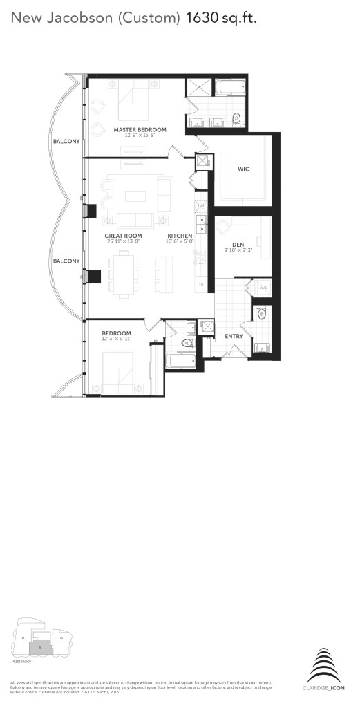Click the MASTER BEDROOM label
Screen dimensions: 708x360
[140, 129]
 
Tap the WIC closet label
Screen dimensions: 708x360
[243, 168]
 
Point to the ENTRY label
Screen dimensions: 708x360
[234, 336]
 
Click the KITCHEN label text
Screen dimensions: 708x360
[180, 236]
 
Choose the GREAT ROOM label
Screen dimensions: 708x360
[122, 236]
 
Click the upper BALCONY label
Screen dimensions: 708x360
[66, 142]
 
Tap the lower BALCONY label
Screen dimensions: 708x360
[66, 261]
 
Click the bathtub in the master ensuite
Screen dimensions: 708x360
[234, 88]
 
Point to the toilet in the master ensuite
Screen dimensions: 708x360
[237, 118]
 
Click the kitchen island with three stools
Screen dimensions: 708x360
[166, 274]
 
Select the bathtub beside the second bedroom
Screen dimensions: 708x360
[181, 361]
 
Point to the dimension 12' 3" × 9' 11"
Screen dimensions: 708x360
[116, 339]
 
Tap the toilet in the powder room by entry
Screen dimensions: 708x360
[260, 315]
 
